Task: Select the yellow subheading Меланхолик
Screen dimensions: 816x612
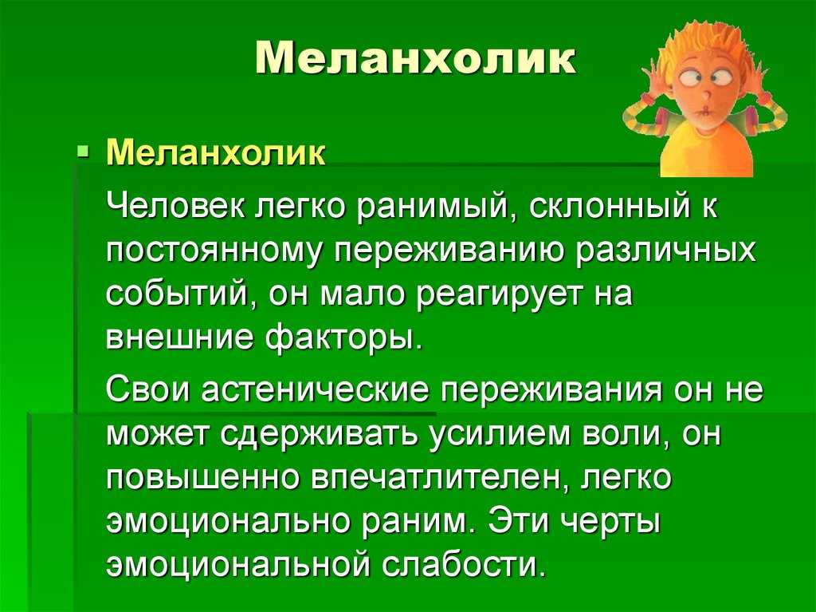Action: pyautogui.click(x=216, y=152)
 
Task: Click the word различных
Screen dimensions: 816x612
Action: pyautogui.click(x=665, y=251)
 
